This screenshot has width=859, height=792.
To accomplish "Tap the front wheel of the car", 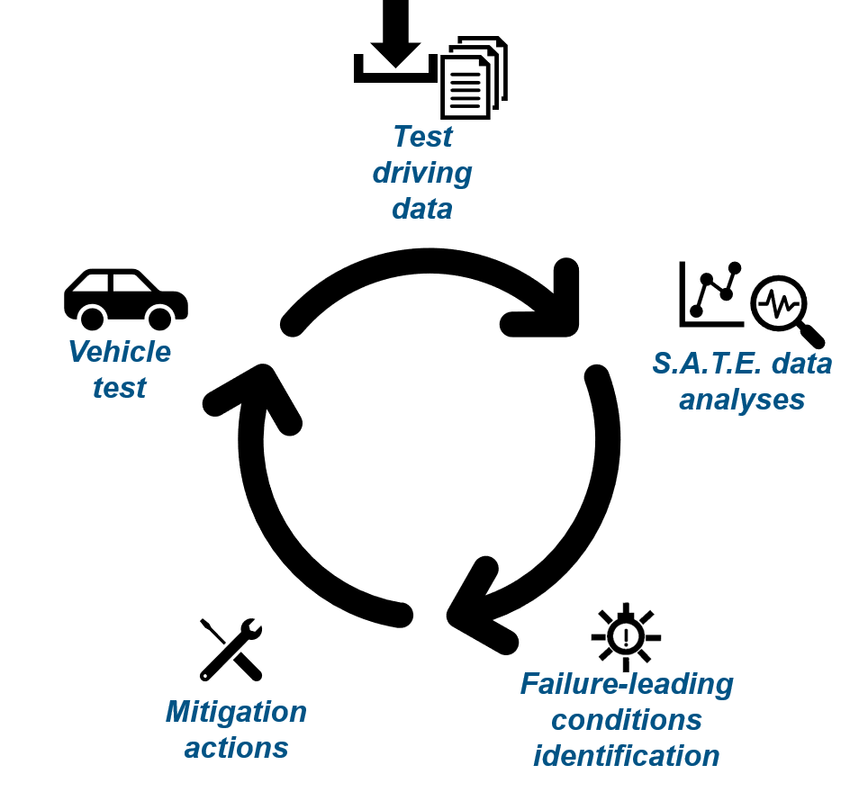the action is click(160, 318).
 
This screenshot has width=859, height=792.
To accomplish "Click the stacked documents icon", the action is click(473, 78).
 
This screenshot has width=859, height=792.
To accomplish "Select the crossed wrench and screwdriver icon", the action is click(231, 649).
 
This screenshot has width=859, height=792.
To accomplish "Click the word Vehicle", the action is click(120, 352).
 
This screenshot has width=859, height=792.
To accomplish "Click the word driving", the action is click(421, 173).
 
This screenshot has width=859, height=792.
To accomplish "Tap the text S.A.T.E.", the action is click(699, 363).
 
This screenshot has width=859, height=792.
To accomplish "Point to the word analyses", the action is click(741, 399).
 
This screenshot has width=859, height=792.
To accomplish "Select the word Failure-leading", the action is click(627, 684).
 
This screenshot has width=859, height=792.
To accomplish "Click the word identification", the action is click(627, 756).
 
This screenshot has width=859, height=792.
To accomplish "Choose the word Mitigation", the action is click(236, 712).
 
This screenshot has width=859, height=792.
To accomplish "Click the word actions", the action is click(236, 748).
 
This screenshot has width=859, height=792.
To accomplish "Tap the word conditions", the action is click(627, 720).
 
